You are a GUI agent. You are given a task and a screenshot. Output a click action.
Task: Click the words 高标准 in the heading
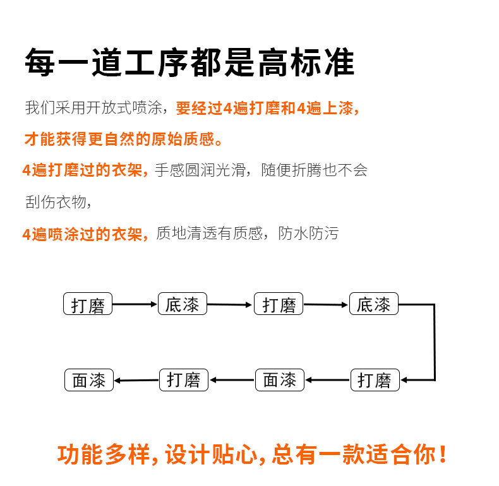click(306, 62)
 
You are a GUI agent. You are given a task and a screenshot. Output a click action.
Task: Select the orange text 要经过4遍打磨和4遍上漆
click(267, 108)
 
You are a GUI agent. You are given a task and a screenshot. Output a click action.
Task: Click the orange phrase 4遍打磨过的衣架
click(84, 170)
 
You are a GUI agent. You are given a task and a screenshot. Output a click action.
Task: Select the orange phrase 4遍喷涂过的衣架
click(84, 234)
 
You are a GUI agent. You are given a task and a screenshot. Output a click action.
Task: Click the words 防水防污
click(308, 234)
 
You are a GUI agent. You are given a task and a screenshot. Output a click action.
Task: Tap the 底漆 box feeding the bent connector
click(374, 304)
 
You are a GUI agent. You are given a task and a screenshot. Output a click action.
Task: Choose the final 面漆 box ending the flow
click(88, 380)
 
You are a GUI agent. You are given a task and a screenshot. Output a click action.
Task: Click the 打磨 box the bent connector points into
click(375, 380)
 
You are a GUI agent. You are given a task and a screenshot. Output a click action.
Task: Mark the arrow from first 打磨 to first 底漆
click(135, 304)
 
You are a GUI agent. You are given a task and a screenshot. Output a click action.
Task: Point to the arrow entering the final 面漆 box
click(136, 380)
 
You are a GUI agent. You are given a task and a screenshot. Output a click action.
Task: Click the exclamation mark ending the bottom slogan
click(443, 454)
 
